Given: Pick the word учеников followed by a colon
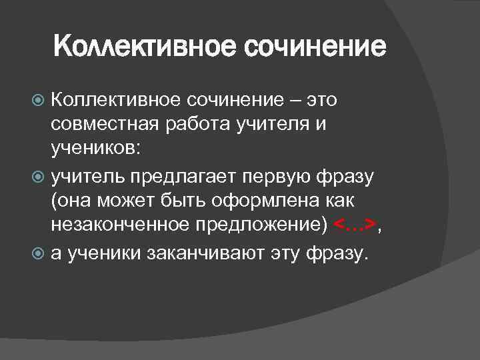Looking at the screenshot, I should tap(94, 151).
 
